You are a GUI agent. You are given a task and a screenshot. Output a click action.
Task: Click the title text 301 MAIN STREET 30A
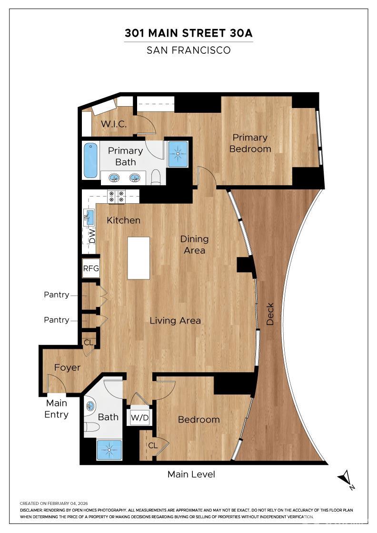188,33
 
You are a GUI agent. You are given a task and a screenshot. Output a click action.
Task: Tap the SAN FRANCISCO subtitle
188,50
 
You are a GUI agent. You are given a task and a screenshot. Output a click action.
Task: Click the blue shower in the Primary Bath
178,153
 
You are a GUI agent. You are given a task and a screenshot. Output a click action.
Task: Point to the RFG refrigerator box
91,268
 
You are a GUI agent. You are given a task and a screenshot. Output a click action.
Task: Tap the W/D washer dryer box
139,418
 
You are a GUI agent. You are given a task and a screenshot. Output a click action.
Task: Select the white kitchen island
139,258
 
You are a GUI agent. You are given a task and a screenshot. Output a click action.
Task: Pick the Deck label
270,314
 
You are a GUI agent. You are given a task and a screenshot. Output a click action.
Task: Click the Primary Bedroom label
250,143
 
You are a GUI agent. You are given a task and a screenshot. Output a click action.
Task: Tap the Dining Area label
195,244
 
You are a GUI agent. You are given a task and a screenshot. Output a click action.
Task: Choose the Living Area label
175,320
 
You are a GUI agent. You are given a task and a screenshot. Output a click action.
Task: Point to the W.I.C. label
114,124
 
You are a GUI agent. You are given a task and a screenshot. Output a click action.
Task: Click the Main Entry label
56,409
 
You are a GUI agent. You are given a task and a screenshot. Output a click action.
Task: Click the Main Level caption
191,474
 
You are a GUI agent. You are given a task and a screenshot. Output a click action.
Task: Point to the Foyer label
67,367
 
